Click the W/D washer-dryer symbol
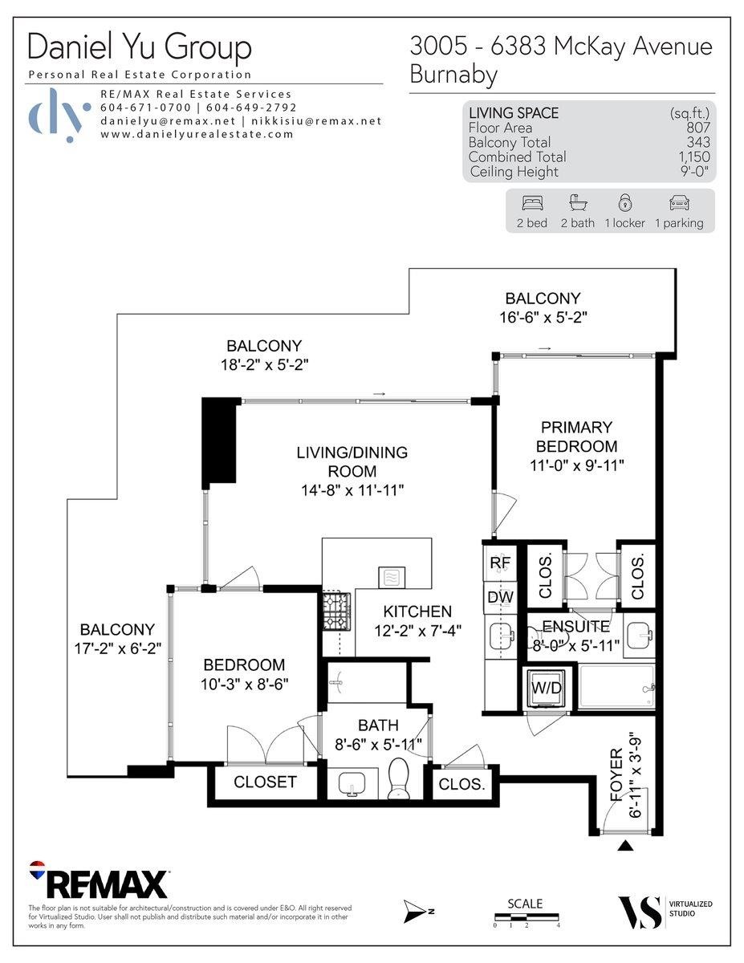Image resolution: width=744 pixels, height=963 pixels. click(x=547, y=688)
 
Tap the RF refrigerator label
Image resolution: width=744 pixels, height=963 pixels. click(x=500, y=563)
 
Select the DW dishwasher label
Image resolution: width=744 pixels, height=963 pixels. click(x=500, y=597)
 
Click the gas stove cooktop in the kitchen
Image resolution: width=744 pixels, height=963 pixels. click(x=336, y=612)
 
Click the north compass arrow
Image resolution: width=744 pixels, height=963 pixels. click(x=415, y=911)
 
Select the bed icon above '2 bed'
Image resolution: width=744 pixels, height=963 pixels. click(x=532, y=203)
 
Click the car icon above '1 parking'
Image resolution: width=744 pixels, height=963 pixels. click(x=679, y=203)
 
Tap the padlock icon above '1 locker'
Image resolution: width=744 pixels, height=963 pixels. click(x=624, y=202)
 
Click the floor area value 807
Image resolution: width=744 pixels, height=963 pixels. click(x=698, y=128)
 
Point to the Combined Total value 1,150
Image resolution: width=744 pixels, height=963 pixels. click(x=694, y=156)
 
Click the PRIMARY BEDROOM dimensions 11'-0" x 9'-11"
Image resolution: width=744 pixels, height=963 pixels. click(x=577, y=465)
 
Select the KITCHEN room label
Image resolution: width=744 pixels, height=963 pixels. click(x=417, y=612)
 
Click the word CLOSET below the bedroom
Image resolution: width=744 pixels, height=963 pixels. click(x=265, y=782)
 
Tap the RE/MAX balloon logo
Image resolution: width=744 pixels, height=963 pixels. click(x=37, y=870)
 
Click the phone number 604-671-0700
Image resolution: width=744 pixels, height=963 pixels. click(x=145, y=108)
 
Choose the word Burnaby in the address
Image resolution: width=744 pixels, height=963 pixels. click(x=453, y=75)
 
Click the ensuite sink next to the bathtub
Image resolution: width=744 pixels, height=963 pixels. click(x=639, y=635)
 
